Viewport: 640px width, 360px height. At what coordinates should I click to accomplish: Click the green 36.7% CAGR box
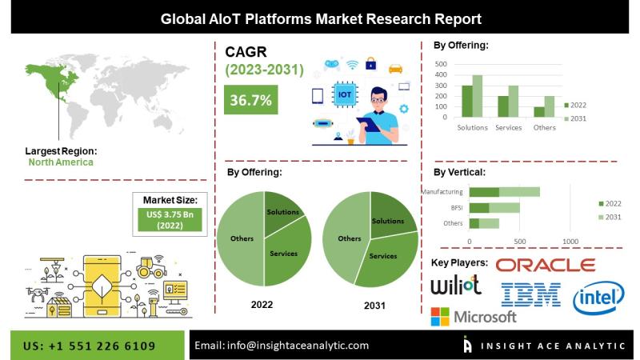250,99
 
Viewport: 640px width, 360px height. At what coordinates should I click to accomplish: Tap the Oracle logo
546,266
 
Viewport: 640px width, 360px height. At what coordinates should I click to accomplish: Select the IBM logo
530,294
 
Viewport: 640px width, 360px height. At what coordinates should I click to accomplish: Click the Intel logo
598,298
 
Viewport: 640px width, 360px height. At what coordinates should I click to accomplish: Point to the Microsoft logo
474,317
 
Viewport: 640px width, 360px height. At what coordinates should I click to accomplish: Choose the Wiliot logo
456,285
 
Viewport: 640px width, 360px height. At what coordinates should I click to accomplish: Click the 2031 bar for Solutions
477,96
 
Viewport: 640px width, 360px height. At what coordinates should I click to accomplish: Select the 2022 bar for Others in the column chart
538,112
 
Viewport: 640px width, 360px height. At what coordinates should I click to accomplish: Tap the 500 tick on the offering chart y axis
441,64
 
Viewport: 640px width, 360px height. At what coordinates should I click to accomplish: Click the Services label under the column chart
508,128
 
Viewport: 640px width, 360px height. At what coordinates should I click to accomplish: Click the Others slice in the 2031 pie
347,238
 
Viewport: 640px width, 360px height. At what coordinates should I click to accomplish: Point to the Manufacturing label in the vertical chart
442,191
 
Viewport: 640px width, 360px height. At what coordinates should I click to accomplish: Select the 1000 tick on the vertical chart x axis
570,242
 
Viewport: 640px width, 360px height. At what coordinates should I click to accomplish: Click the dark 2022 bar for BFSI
479,208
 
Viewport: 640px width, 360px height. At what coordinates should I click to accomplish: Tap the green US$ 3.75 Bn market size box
170,219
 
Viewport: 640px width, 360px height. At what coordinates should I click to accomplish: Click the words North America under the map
61,162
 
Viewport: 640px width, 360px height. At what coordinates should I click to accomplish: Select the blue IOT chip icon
344,94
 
